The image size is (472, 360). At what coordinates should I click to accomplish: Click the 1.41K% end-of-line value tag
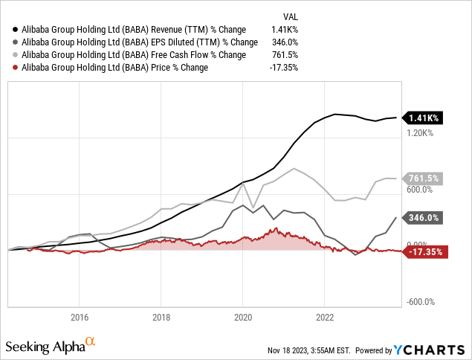tap(424, 118)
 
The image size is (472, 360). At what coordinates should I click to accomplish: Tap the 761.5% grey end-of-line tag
tap(424, 179)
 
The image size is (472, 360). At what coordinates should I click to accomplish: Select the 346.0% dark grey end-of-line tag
tap(424, 218)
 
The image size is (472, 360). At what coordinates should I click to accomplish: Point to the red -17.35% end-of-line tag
tap(425, 252)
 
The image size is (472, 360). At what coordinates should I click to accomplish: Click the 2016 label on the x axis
tap(80, 316)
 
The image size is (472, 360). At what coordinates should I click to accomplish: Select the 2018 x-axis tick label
tap(161, 316)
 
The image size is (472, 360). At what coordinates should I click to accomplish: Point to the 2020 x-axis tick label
tap(242, 316)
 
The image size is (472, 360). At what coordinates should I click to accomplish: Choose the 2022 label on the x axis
tap(324, 316)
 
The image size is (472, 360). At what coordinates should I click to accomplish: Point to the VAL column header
tap(291, 16)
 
